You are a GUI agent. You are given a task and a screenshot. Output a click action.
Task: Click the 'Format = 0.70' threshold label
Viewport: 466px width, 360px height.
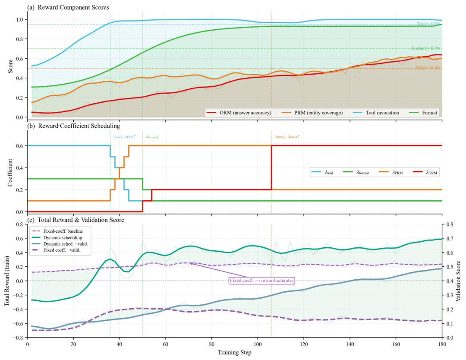pos(425,48)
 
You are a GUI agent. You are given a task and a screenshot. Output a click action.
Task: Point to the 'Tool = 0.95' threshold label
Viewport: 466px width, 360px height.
pos(428,24)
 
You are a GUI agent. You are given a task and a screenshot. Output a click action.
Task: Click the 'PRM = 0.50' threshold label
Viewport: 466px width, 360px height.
pos(428,68)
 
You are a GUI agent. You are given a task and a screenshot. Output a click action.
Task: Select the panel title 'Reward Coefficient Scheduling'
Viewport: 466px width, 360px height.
pos(80,126)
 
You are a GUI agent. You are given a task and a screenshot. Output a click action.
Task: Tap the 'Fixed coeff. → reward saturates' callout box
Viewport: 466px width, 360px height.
pos(261,281)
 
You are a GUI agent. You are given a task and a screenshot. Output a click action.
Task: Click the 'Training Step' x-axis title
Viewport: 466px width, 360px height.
pos(235,352)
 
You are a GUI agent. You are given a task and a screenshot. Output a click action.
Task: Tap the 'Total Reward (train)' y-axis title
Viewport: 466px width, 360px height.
pos(7,281)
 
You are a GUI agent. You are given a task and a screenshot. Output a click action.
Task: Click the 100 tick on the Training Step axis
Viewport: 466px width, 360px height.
pos(257,344)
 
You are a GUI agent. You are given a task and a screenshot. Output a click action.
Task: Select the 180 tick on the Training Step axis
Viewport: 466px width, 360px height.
pos(442,344)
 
